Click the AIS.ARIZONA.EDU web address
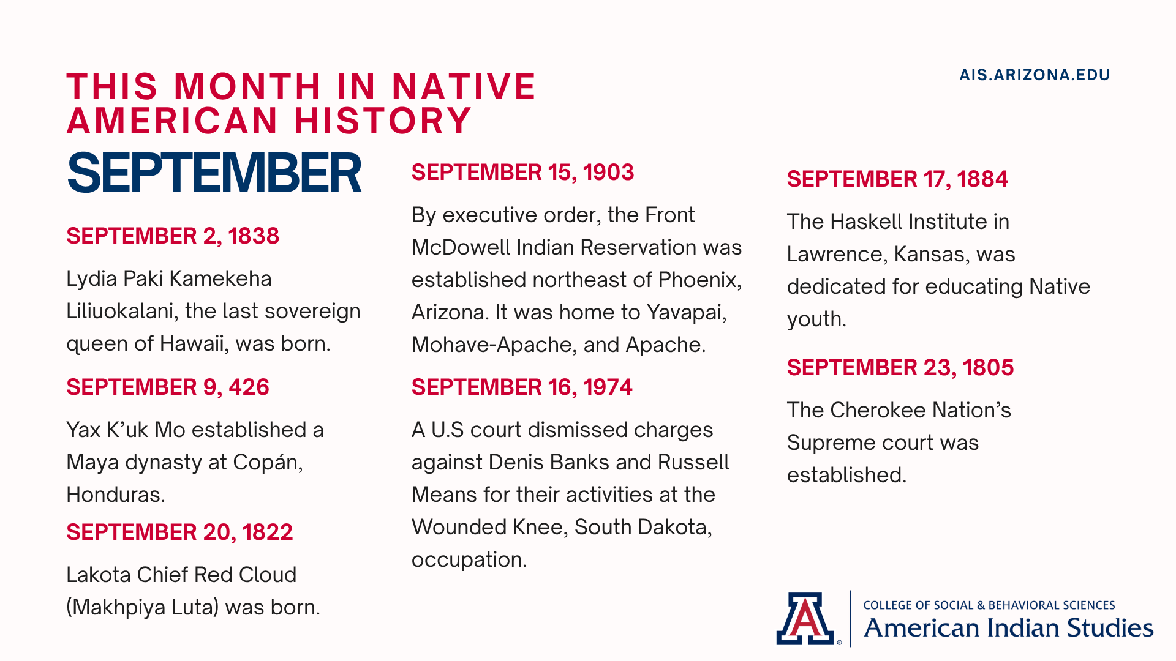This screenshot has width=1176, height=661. tap(1035, 75)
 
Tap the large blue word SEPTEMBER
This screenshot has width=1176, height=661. tap(214, 173)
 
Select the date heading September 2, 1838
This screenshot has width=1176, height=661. tap(173, 236)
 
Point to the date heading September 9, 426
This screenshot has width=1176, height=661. tap(168, 387)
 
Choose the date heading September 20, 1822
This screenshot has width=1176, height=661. tap(179, 532)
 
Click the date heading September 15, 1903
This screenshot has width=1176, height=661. tap(522, 173)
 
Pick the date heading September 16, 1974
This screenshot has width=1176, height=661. tap(522, 387)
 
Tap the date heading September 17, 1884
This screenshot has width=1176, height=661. tap(897, 179)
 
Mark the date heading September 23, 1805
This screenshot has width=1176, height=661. tap(900, 368)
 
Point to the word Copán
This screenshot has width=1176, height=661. tap(265, 463)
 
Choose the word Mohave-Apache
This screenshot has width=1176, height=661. tap(492, 345)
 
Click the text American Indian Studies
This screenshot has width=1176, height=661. tap(1009, 628)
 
